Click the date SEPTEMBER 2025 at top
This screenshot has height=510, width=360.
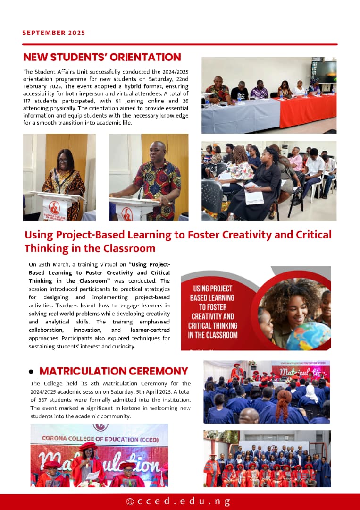coord(54,33)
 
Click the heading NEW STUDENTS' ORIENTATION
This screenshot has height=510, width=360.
coord(102,58)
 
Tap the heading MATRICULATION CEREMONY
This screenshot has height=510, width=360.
coord(114,371)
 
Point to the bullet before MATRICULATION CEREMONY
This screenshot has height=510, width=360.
coord(31,372)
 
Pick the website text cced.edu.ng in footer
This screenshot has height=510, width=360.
coord(184,501)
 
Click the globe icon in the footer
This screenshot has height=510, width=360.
coord(130,501)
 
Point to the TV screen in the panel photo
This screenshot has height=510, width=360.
coord(324,72)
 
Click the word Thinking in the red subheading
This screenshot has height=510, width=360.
coord(48,248)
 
